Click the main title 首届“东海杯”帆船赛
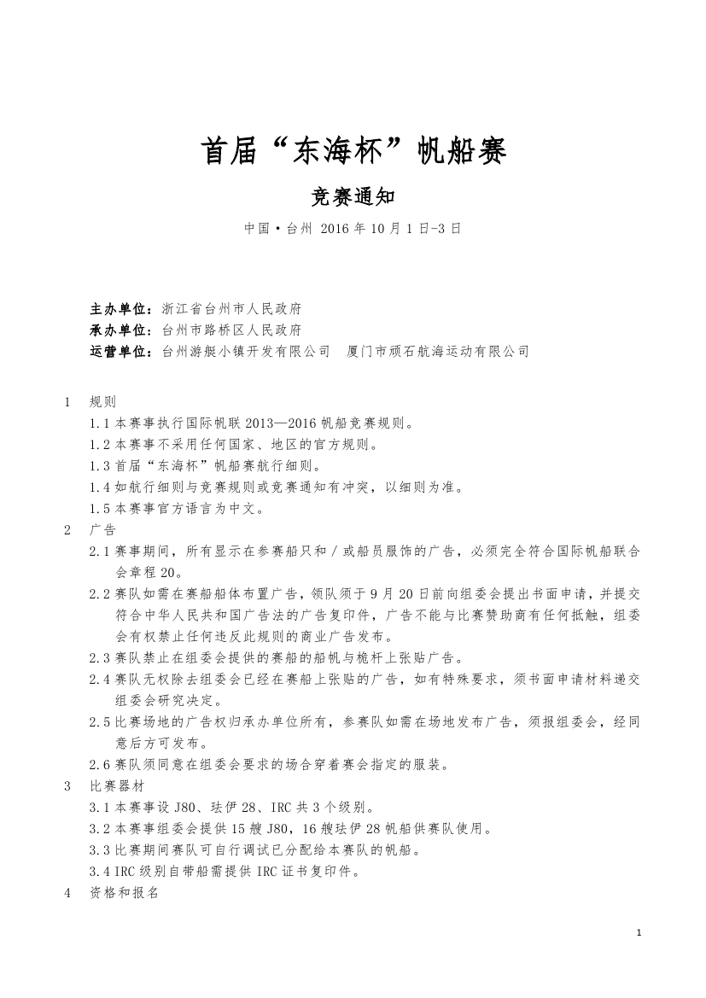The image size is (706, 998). tap(353, 152)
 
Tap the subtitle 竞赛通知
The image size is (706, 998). tap(353, 197)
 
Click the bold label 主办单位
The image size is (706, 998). tap(120, 308)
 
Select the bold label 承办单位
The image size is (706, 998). tap(120, 330)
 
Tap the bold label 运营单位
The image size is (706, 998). tap(120, 351)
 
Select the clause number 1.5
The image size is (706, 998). tap(101, 509)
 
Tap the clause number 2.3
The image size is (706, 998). tap(101, 657)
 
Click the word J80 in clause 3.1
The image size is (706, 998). tap(184, 807)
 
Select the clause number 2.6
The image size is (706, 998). tap(101, 764)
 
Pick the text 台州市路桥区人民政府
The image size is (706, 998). tap(230, 330)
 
